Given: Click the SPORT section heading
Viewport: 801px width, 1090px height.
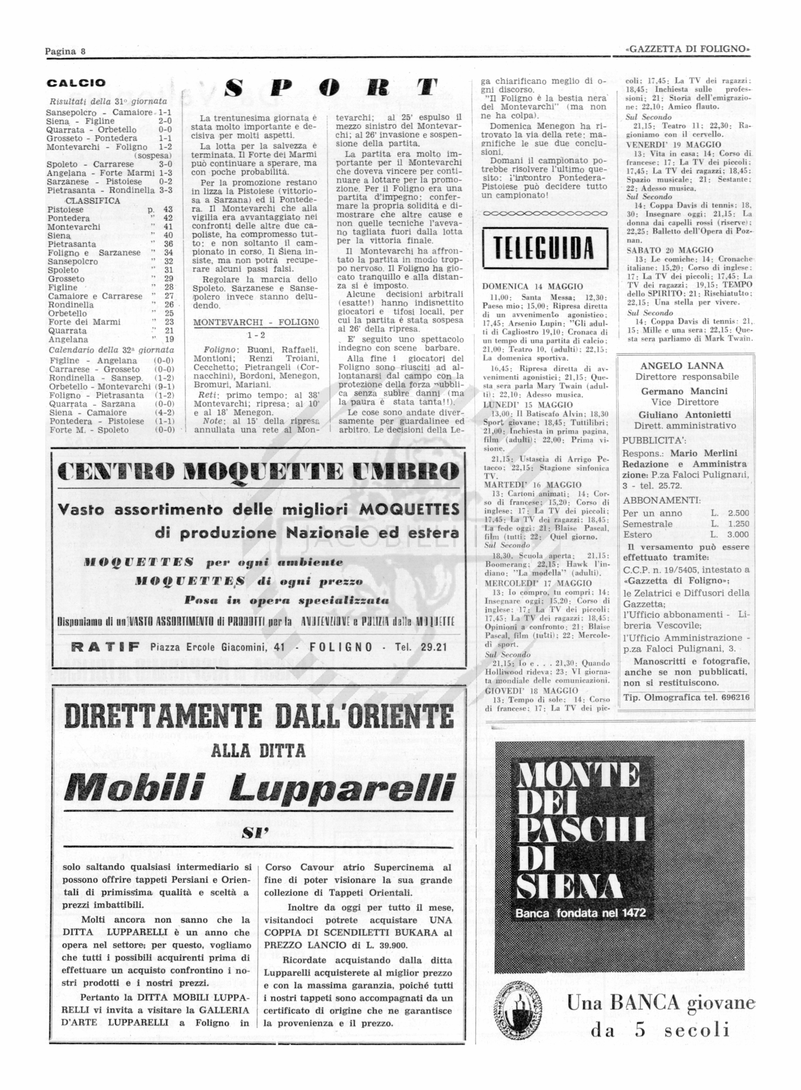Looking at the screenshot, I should (x=332, y=88).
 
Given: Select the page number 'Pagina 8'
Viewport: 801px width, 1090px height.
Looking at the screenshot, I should (x=65, y=51).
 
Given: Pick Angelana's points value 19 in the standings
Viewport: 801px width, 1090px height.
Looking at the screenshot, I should (x=169, y=339).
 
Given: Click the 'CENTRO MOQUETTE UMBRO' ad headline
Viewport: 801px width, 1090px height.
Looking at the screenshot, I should (x=258, y=472).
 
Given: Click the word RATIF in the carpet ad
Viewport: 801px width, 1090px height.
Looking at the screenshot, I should (x=105, y=647).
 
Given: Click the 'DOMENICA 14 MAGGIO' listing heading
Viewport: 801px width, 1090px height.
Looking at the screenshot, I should (x=533, y=286).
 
